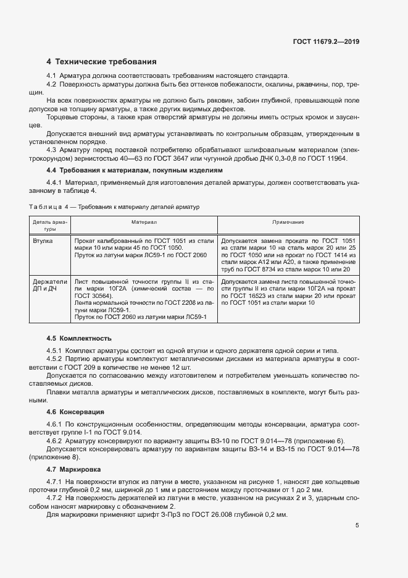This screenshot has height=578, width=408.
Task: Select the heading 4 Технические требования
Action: [102, 62]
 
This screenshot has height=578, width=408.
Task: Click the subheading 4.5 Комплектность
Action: [79, 338]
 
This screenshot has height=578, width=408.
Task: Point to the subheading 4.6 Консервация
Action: [75, 411]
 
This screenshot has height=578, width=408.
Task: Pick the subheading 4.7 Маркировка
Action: [73, 470]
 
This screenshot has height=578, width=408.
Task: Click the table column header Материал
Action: [144, 221]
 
